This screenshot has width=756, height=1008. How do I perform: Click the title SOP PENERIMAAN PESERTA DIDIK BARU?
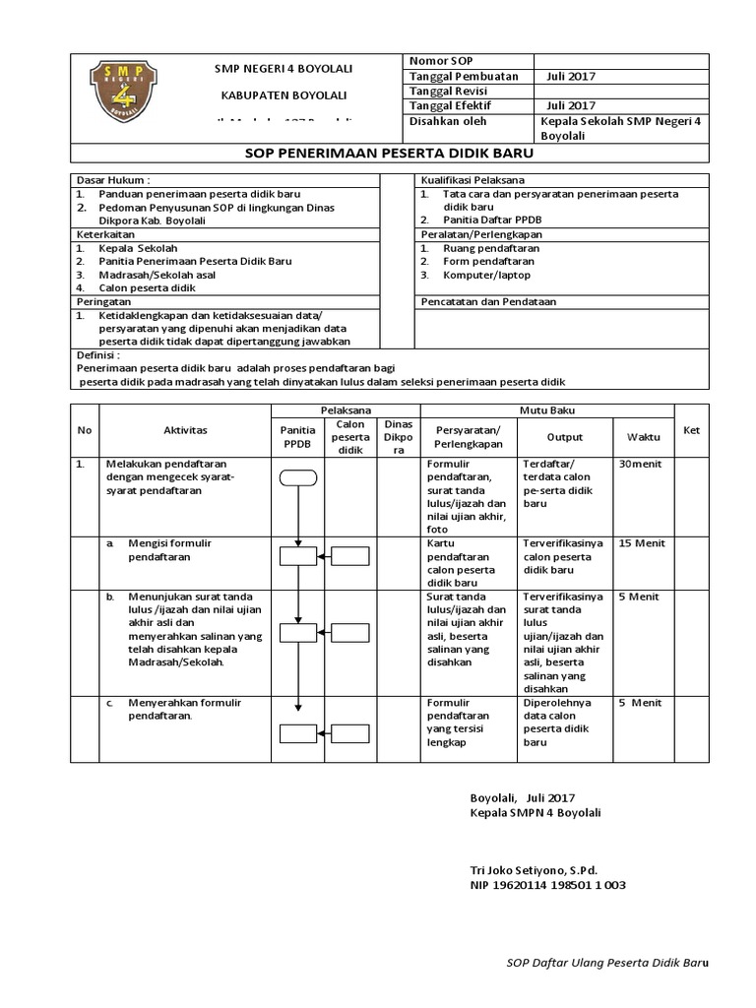click(387, 155)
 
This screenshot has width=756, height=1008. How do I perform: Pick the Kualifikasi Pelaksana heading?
click(472, 181)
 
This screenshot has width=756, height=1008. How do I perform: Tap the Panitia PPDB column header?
click(297, 436)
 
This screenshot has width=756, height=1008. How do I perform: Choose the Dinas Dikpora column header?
click(398, 436)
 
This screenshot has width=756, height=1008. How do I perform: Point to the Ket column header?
click(691, 430)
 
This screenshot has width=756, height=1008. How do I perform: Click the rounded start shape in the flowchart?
click(297, 478)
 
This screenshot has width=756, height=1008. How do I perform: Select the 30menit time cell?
click(640, 464)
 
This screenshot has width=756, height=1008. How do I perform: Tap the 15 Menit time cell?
click(641, 543)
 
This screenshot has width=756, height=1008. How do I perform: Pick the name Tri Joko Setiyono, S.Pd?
click(535, 870)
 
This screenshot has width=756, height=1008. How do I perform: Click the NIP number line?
click(549, 885)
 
